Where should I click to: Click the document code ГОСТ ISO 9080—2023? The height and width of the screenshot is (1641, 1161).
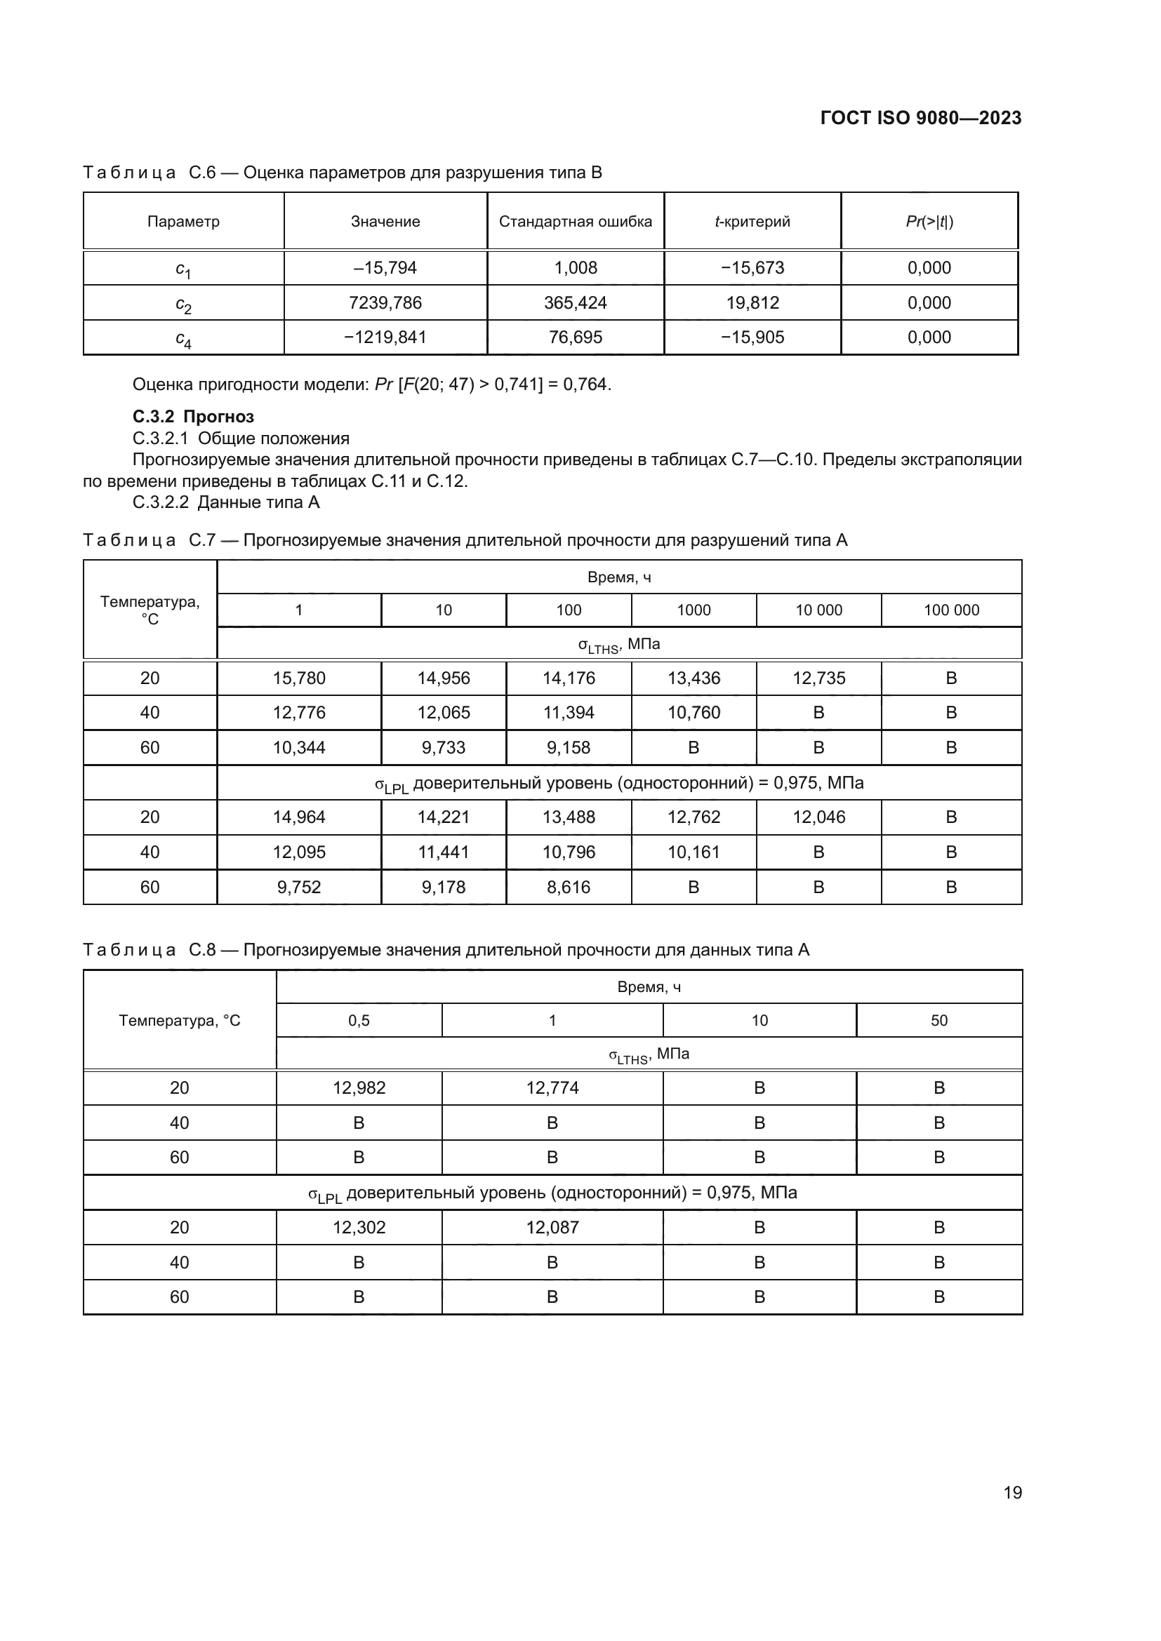coord(921,119)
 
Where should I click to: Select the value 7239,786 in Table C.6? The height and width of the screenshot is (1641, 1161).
coord(385,303)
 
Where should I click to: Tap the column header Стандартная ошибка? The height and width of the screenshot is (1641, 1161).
coord(576,222)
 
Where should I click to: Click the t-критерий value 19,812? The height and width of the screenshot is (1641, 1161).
coord(752,303)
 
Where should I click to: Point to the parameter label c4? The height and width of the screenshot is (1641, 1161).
coord(184,339)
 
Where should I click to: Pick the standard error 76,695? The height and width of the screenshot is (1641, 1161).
coord(576,337)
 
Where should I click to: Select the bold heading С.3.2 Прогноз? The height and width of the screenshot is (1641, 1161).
coord(193,417)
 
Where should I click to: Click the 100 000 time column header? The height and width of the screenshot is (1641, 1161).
coord(951,610)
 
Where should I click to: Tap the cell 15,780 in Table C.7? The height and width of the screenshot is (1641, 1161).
coord(299,678)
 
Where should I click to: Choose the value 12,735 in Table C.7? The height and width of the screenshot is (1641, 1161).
coord(818,678)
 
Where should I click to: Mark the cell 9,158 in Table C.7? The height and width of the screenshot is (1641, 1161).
coord(569,748)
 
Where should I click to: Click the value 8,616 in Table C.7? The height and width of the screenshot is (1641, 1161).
coord(569,887)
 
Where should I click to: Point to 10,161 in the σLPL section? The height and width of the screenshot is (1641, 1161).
coord(694,852)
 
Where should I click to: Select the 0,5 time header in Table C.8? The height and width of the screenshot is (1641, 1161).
coord(359,1021)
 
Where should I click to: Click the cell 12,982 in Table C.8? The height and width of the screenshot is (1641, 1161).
coord(359,1088)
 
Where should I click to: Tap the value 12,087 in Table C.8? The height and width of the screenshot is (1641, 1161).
coord(552,1227)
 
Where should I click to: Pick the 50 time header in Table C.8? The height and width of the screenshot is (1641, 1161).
coord(938,1021)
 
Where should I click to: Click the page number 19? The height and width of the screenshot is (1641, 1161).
coord(1012,1492)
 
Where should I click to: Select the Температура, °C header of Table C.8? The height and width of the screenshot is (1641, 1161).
coord(180,1021)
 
